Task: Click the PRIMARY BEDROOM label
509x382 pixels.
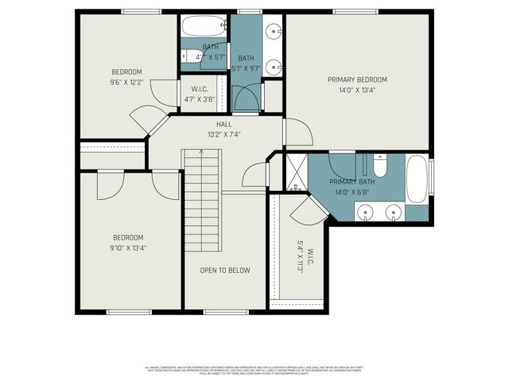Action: point(357,80)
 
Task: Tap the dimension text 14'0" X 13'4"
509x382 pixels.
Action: point(357,90)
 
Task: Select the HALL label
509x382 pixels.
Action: point(224,125)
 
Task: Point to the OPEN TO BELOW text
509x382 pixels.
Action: point(224,271)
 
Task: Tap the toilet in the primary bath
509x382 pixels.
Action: point(379,167)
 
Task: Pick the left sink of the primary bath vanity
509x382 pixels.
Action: point(366,212)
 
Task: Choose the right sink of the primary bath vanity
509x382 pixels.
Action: point(393,212)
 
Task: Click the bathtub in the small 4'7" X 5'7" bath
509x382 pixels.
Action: point(204,27)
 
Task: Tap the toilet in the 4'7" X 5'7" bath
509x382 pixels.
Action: point(188,56)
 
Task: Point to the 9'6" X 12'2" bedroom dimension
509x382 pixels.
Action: point(127,82)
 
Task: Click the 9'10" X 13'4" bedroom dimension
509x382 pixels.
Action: point(127,247)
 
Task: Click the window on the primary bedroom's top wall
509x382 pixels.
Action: point(355,11)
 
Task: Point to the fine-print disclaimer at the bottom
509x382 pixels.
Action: point(254,369)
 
